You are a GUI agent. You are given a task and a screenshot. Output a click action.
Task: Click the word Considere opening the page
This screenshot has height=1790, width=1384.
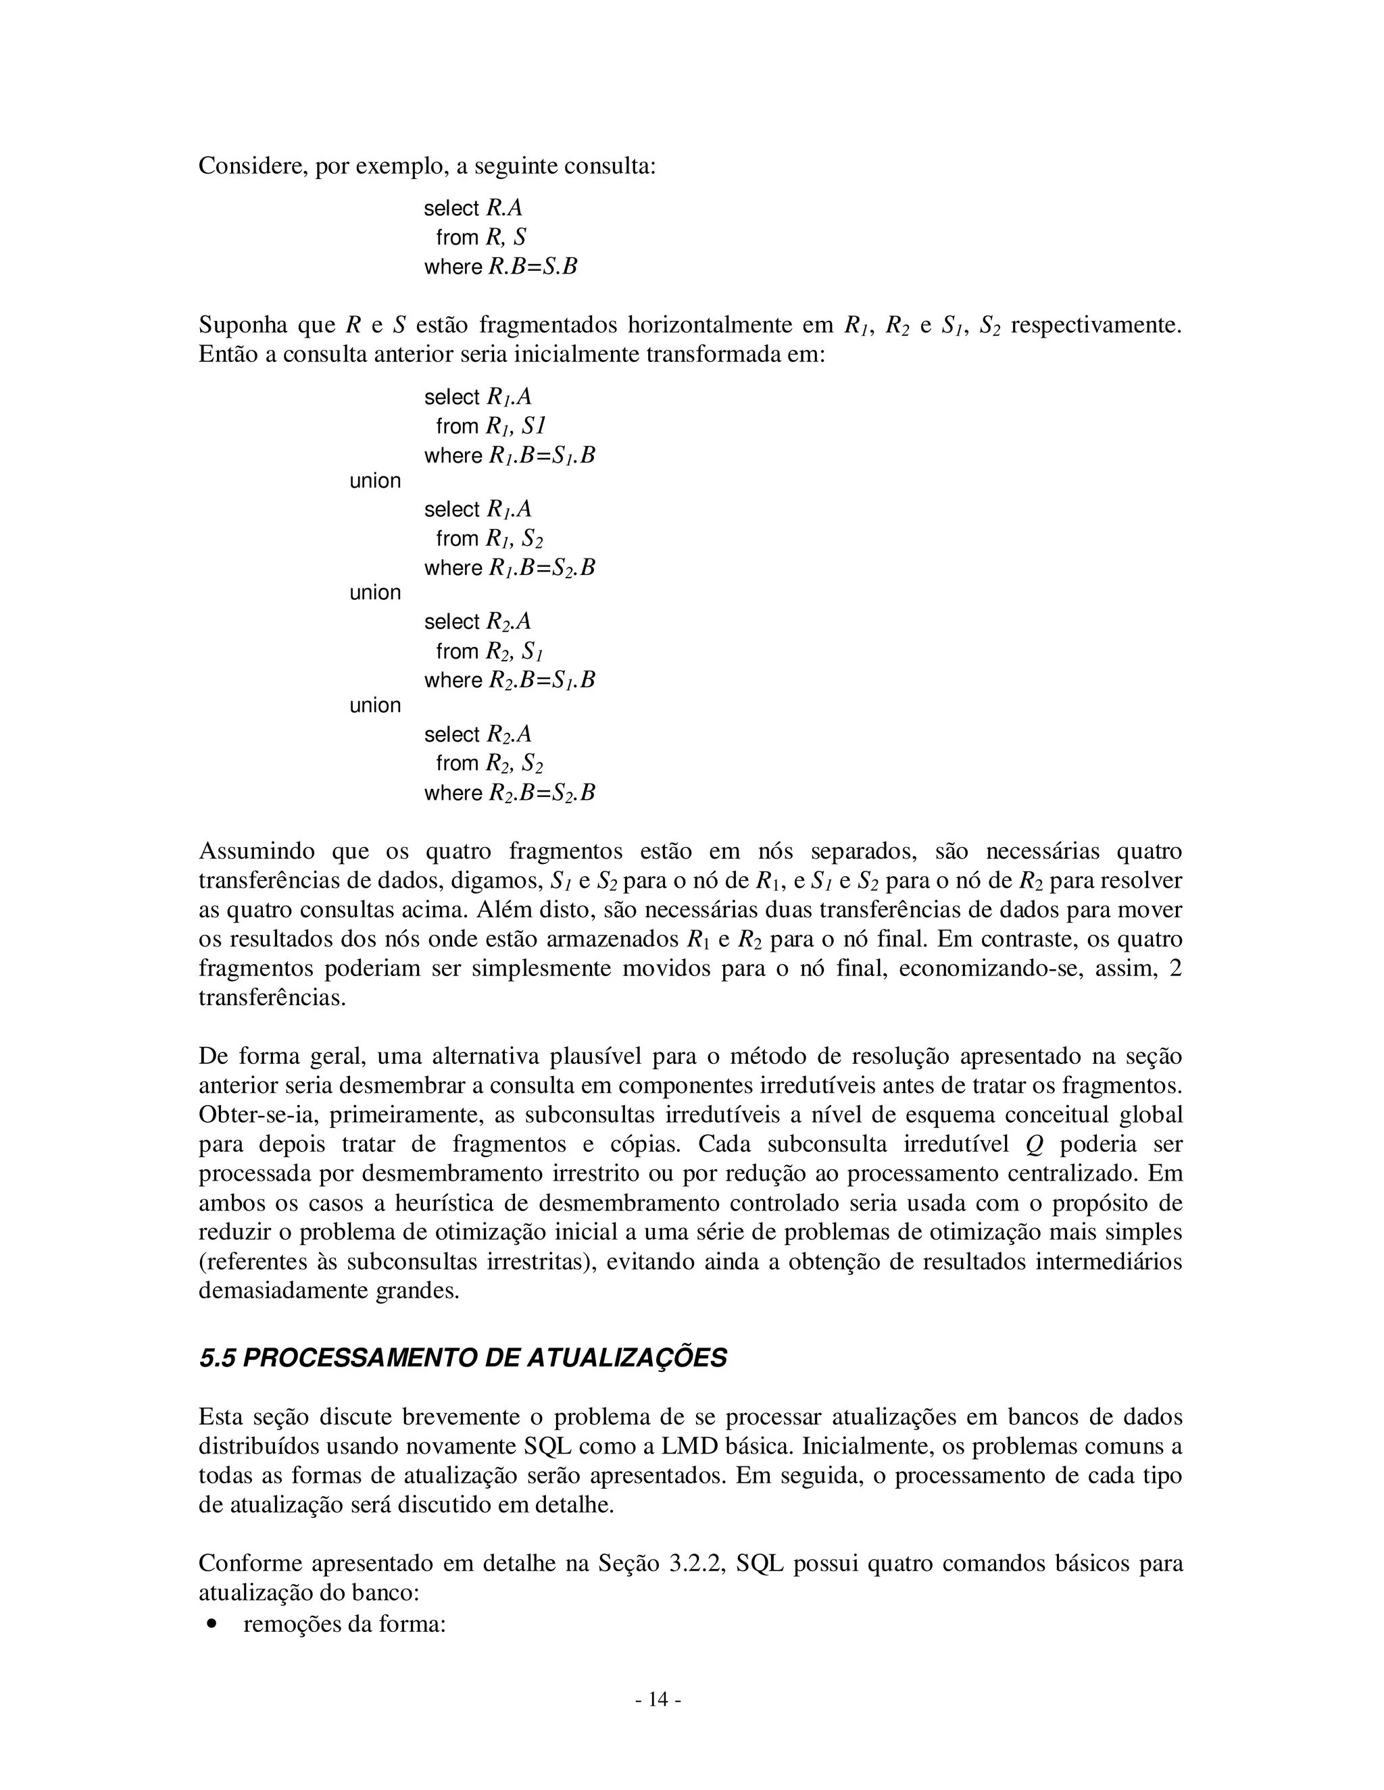251,166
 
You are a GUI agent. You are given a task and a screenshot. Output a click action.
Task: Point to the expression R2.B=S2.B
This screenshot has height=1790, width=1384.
542,794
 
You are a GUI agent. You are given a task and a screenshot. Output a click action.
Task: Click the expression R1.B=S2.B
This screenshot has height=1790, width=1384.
542,568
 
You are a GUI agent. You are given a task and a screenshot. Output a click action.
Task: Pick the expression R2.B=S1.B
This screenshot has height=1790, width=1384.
542,680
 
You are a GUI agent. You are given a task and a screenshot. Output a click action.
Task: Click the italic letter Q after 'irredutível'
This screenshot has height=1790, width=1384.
1034,1144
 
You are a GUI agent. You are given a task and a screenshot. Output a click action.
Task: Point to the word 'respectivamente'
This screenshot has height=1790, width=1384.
1096,326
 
